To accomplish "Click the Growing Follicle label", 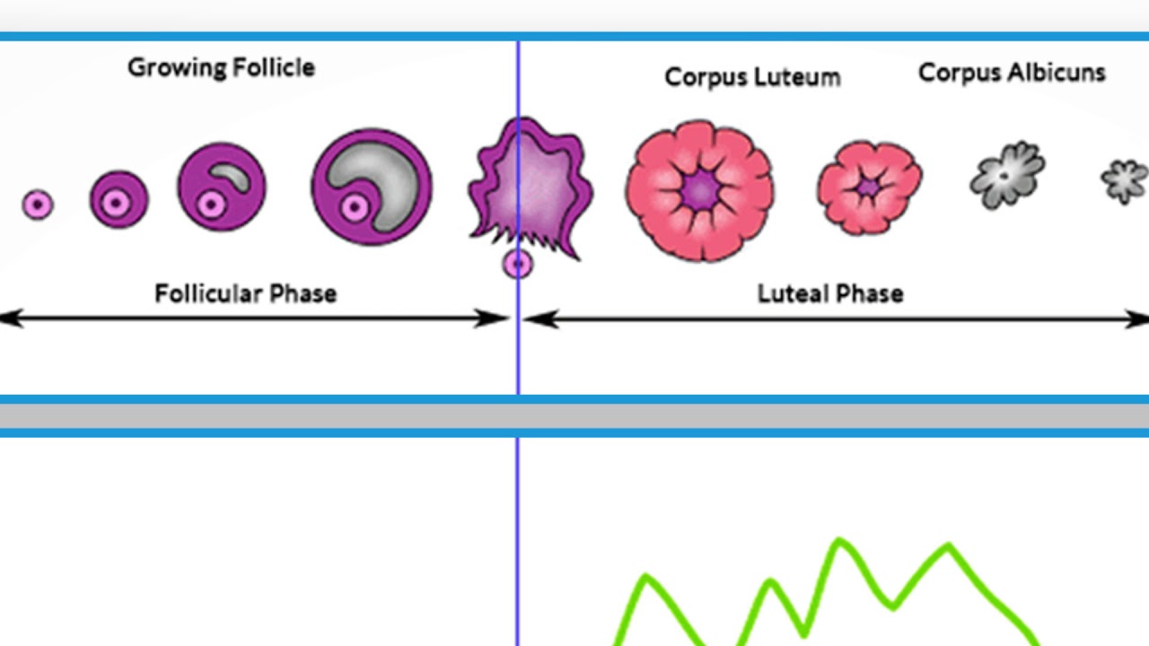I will [x=221, y=68].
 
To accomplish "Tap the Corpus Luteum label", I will [x=752, y=77].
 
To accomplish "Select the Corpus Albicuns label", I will [x=1012, y=74].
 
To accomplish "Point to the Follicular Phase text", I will [x=245, y=293].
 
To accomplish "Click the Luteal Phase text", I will [x=829, y=293].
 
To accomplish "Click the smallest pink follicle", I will [x=38, y=205].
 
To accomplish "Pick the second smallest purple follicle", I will [x=118, y=199].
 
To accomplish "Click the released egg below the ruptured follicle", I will [x=518, y=264].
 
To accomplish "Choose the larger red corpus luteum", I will [x=699, y=190].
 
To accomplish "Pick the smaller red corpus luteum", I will [x=869, y=188].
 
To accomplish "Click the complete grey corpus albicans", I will [x=1008, y=174].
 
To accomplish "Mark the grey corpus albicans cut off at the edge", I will [x=1127, y=180].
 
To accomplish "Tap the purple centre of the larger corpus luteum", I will [x=700, y=189].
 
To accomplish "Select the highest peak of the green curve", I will [x=840, y=541].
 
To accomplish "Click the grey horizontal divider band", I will [x=574, y=416].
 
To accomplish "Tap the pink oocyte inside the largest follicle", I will [x=354, y=208].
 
